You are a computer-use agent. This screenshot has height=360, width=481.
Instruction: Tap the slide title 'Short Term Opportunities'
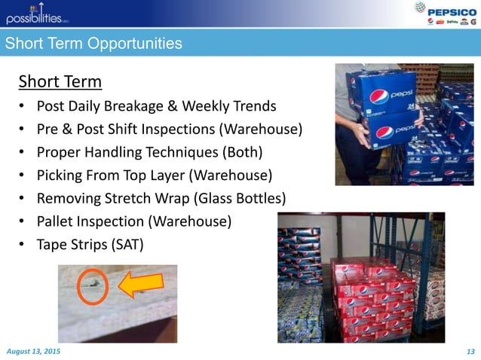click(x=93, y=44)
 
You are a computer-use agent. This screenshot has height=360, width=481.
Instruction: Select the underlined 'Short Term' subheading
click(x=60, y=81)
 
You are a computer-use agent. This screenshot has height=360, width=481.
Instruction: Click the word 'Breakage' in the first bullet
click(x=142, y=106)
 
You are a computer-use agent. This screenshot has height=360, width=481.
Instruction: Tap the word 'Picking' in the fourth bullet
click(x=58, y=176)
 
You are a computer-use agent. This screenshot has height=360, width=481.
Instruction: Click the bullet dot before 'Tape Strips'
click(x=23, y=245)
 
